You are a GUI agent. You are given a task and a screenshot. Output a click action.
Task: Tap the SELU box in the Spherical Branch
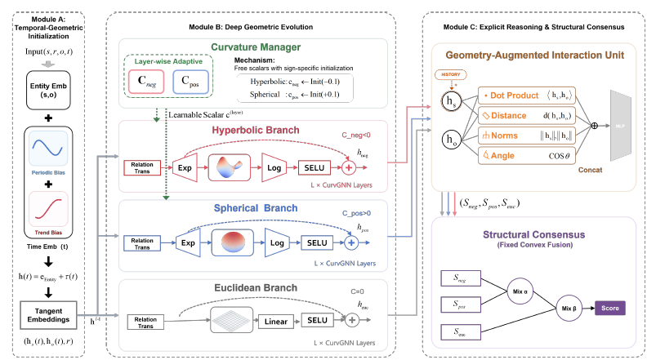point(315,242)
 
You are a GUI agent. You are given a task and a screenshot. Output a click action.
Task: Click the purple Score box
point(609,309)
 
